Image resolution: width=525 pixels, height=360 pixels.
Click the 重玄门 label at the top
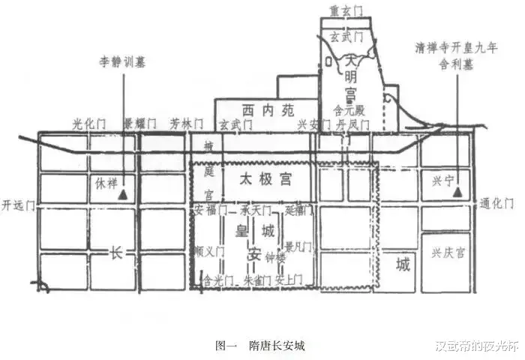point(345,10)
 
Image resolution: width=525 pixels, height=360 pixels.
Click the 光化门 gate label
point(89,122)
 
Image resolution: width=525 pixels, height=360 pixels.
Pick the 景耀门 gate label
point(139,122)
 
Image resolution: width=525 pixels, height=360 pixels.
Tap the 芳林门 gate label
point(185,122)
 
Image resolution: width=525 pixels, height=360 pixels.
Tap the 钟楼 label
point(276,257)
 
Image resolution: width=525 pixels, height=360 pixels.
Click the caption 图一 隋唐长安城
point(259,346)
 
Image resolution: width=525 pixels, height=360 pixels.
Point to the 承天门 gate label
point(256,208)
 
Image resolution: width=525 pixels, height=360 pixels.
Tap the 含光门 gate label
point(218,279)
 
